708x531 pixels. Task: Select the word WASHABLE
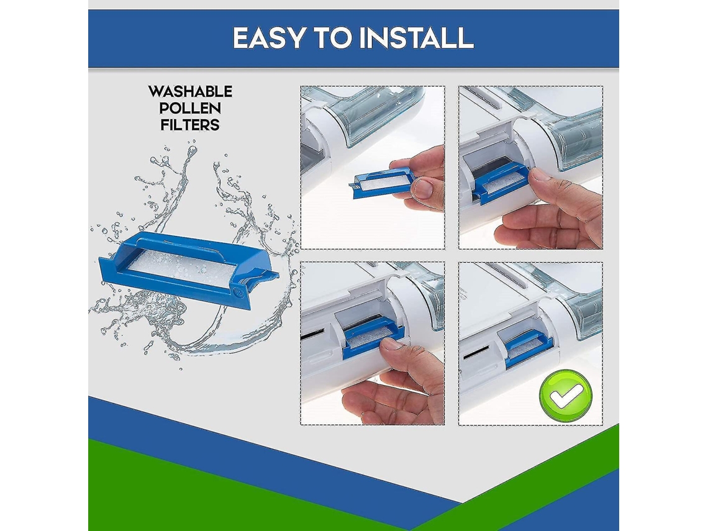coord(190,92)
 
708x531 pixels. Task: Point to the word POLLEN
coord(190,108)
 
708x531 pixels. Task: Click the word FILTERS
coord(190,125)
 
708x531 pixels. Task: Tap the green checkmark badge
coord(565,396)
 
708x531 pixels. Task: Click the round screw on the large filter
coord(239,293)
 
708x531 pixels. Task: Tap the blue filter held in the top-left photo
coord(382,183)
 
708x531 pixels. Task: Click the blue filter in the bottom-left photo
coord(373,336)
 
